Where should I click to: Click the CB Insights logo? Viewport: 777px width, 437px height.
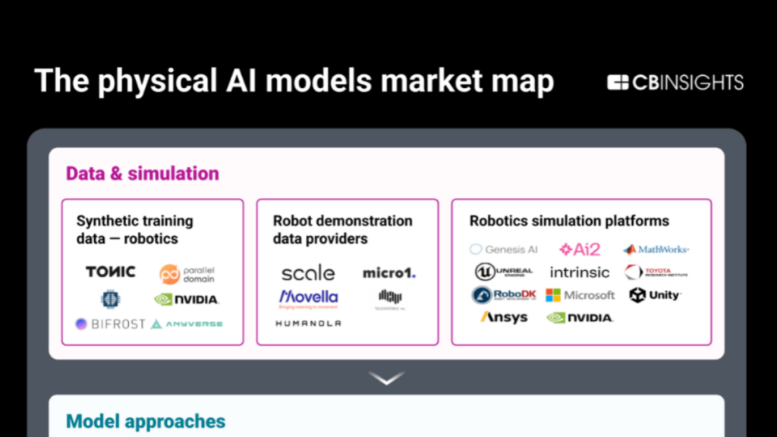(x=675, y=83)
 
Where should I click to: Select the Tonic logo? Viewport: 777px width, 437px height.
(x=111, y=272)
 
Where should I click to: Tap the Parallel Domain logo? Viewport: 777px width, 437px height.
(x=187, y=274)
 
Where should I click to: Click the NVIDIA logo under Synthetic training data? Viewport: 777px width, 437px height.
(x=187, y=300)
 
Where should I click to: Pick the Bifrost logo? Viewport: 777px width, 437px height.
(x=110, y=324)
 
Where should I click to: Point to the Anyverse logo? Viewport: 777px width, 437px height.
(x=187, y=324)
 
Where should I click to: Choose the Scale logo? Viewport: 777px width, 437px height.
(x=307, y=272)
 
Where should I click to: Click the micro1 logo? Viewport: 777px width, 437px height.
(x=389, y=272)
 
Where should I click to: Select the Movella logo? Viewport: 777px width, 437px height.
(x=308, y=297)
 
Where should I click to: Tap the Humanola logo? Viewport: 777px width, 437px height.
(x=308, y=323)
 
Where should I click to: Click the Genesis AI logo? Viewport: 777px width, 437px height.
(x=504, y=249)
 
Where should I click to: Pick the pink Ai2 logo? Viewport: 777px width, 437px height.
(x=580, y=249)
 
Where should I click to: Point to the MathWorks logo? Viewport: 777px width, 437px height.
(x=656, y=249)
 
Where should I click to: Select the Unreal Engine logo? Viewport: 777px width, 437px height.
(x=504, y=272)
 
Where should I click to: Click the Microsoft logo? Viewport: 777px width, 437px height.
(x=580, y=295)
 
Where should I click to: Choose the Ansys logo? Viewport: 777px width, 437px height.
(x=504, y=317)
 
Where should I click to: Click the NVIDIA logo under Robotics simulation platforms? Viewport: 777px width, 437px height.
(x=580, y=318)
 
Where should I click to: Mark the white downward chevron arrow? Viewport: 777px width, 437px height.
(x=387, y=377)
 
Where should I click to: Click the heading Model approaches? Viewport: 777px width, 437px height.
(x=146, y=421)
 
